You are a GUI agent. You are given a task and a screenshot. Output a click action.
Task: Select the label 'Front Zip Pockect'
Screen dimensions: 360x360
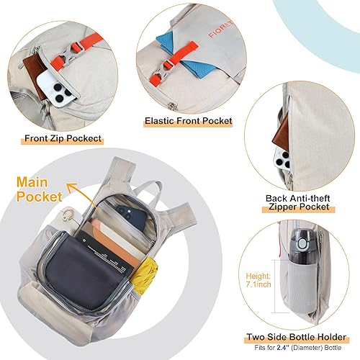63,138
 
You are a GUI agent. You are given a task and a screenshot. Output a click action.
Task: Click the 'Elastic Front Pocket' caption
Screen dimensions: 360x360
189,122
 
